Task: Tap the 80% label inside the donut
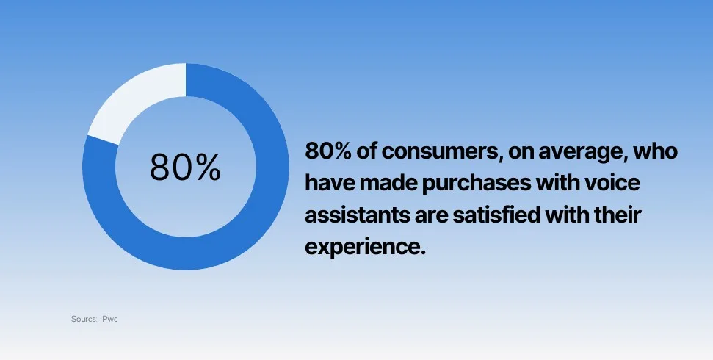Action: tap(185, 168)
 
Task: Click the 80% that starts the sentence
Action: tap(327, 151)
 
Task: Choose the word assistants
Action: tap(358, 215)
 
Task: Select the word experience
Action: tap(365, 248)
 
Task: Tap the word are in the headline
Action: tap(432, 216)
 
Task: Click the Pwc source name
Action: tap(110, 319)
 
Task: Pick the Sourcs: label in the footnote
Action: tap(84, 319)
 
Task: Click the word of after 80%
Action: tap(366, 151)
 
